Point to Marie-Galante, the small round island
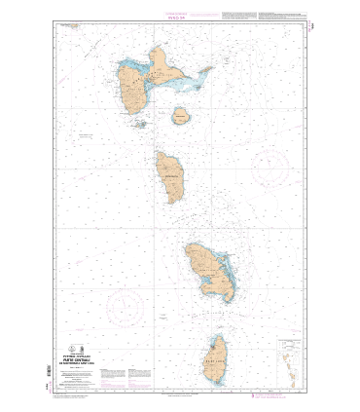[181, 117]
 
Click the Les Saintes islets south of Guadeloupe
[140, 124]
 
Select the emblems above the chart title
[90, 352]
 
